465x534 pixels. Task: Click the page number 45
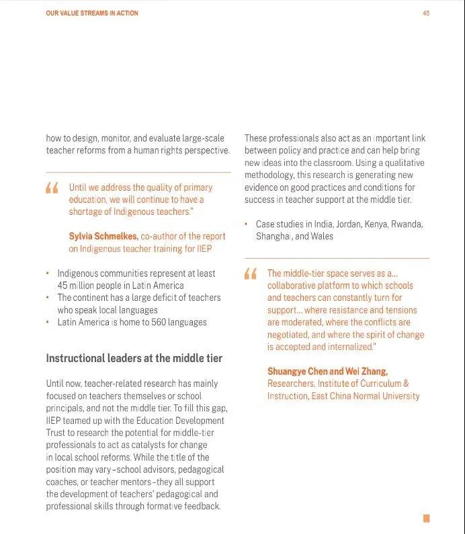pos(426,13)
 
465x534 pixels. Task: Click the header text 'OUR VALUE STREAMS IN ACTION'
pos(92,13)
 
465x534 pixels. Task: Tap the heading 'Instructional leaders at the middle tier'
pos(134,358)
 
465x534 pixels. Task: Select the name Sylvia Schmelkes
pos(103,236)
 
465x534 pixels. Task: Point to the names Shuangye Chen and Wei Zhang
pos(327,371)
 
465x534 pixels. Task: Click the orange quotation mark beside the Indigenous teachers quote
pos(52,188)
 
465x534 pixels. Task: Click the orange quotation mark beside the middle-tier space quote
pos(251,273)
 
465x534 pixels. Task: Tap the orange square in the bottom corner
pos(426,518)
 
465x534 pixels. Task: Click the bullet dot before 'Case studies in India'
pos(247,224)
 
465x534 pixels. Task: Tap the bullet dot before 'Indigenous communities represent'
pos(48,274)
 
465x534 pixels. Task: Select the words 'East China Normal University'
pos(365,396)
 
